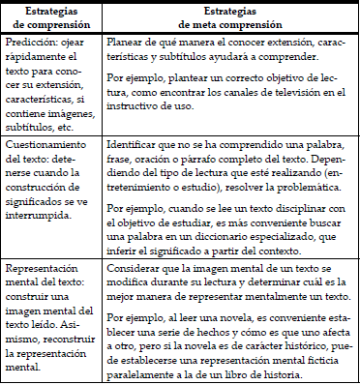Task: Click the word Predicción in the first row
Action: click(29, 44)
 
